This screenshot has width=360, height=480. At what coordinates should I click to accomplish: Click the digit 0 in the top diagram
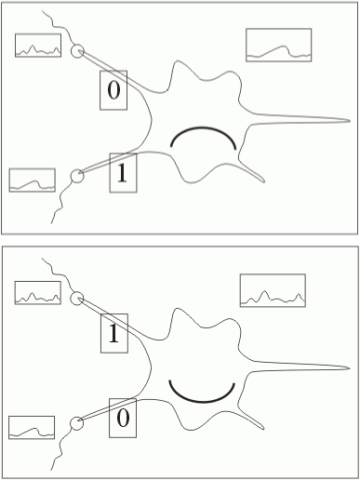113,90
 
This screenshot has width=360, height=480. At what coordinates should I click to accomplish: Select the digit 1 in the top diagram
122,173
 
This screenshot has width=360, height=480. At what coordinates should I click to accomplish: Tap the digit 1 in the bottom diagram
113,333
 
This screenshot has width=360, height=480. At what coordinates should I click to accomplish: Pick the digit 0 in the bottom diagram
123,418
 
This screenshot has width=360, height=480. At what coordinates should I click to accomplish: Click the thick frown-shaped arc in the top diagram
203,127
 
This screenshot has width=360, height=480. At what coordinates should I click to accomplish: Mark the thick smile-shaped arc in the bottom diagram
202,402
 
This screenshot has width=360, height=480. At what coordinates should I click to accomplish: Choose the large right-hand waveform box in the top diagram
279,45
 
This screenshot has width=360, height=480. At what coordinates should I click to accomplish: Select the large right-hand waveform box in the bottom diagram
273,290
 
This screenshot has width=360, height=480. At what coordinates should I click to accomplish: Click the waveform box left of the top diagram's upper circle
38,46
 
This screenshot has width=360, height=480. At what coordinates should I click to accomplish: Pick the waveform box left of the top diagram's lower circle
33,180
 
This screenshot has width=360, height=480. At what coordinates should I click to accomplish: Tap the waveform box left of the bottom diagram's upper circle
38,293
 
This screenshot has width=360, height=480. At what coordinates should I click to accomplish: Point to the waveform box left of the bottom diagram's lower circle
32,427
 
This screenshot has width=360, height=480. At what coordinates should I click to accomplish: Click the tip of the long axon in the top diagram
350,121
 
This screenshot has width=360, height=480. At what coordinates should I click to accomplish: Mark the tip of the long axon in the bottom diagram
350,368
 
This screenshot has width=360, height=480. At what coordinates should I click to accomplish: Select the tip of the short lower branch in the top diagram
264,181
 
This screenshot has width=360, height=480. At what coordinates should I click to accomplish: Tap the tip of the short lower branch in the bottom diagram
263,429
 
